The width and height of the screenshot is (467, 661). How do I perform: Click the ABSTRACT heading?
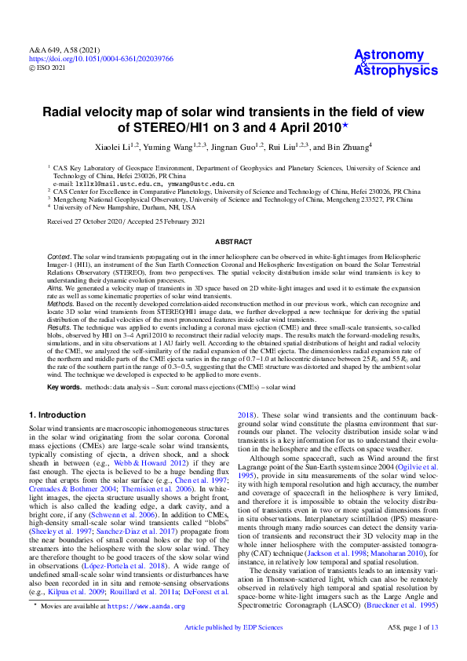coord(233,243)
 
